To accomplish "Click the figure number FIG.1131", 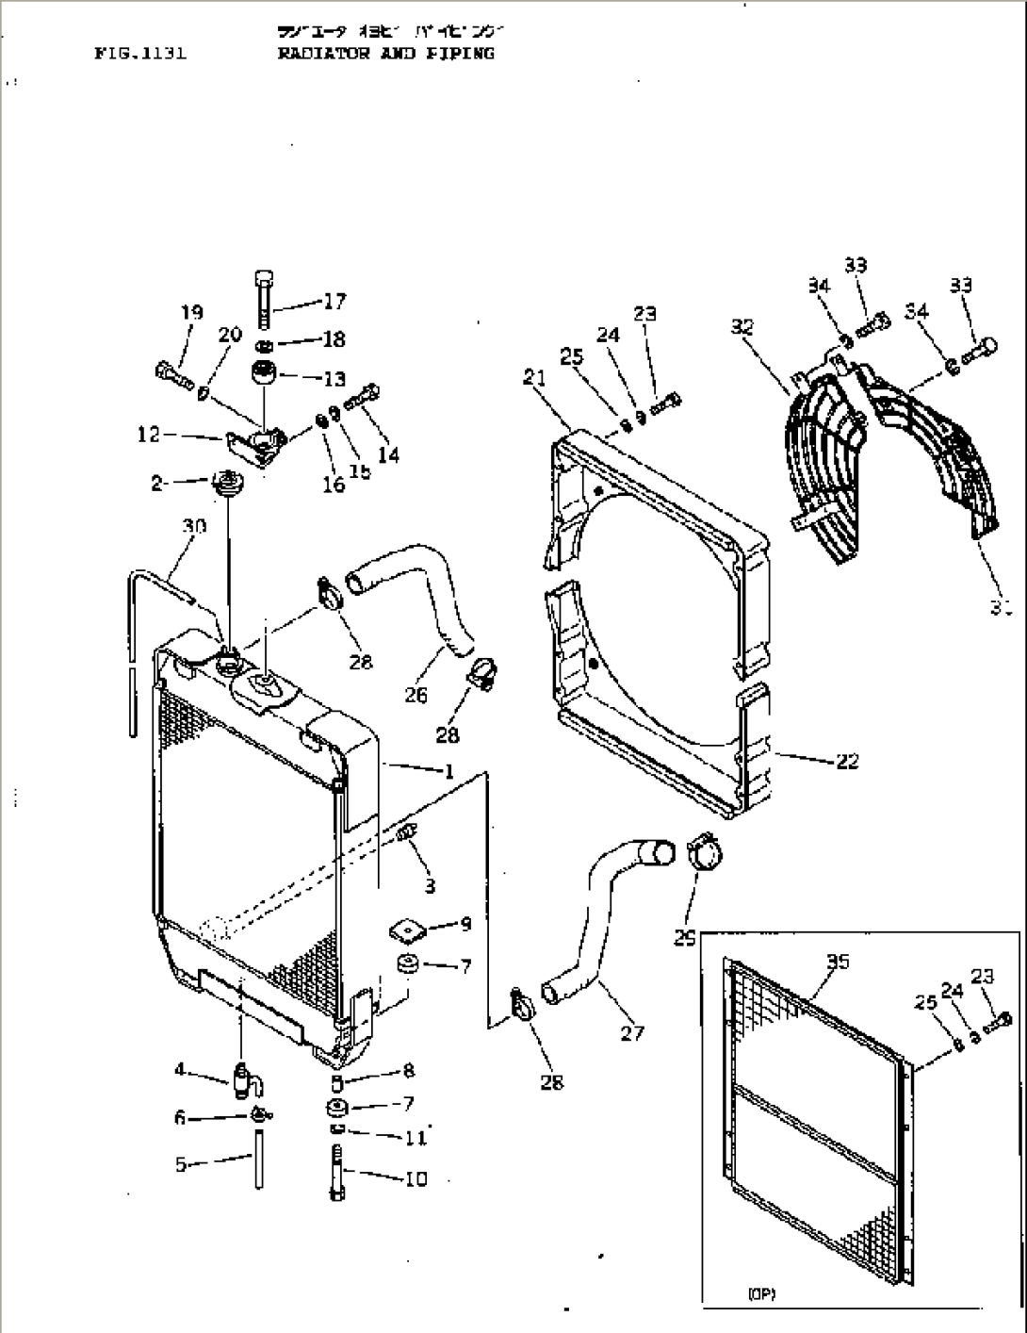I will click(140, 54).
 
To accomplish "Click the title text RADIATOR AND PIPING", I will click(385, 54).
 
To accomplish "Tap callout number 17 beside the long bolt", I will click(334, 302).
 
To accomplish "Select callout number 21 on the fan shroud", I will click(535, 377).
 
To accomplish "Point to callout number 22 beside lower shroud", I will click(847, 760).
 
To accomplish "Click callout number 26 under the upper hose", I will click(416, 695).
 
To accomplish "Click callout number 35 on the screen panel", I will click(838, 962).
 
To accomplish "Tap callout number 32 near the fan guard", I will click(742, 327).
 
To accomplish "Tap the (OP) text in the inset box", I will click(761, 1294).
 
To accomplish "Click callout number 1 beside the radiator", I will click(449, 772).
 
